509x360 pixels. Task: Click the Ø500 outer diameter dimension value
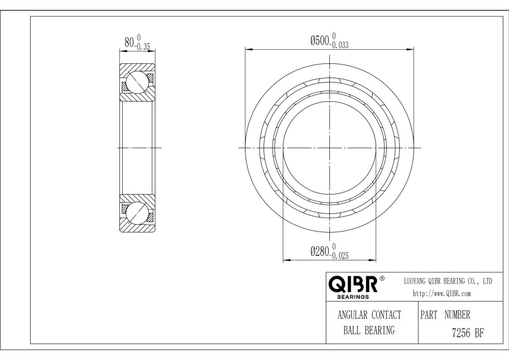point(320,41)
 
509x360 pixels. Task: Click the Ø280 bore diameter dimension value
point(320,251)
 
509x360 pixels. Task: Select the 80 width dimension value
point(129,42)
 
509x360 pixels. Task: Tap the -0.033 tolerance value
point(339,45)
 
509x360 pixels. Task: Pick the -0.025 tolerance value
point(339,256)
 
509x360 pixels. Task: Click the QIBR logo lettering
point(353,284)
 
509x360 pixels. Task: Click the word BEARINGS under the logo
point(353,297)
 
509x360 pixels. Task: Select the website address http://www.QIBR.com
point(442,293)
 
